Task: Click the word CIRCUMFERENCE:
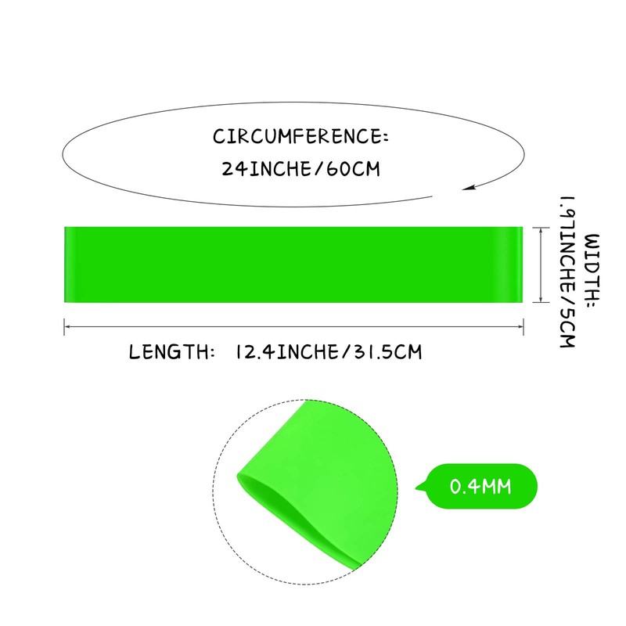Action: [x=300, y=137]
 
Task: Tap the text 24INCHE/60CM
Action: [x=301, y=168]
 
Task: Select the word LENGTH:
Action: [x=171, y=352]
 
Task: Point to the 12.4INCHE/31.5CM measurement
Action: [x=327, y=352]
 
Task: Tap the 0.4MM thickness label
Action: [x=480, y=487]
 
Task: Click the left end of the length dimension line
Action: [x=65, y=326]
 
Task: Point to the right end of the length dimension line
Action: [x=523, y=326]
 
